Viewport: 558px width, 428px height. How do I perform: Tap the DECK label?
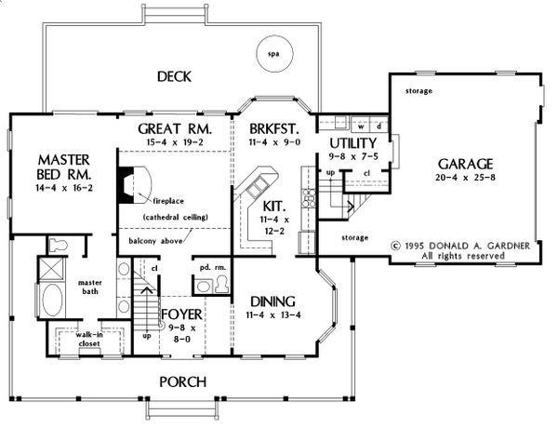point(175,76)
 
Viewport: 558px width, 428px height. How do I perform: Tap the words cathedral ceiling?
point(174,217)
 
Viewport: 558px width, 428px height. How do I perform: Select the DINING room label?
point(272,301)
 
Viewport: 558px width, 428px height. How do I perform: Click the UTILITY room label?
point(352,143)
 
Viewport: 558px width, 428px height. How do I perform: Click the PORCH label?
point(181,381)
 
